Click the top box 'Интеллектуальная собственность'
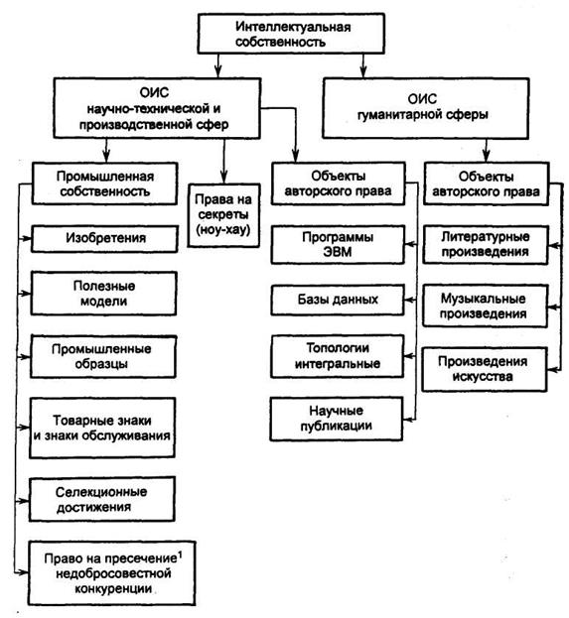291,34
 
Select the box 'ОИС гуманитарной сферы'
425,108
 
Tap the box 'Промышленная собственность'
104,184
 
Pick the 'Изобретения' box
104,238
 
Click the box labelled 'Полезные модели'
104,294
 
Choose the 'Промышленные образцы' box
103,357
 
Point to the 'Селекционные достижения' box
102,499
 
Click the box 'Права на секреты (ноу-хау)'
223,215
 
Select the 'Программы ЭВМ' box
338,244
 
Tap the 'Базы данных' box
338,300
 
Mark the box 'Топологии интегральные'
337,356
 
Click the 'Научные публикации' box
337,419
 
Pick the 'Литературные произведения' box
486,244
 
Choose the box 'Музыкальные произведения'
485,307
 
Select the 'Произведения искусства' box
485,369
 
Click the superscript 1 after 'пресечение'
180,556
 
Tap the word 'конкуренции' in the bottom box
113,589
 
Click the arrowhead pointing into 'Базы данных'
409,300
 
